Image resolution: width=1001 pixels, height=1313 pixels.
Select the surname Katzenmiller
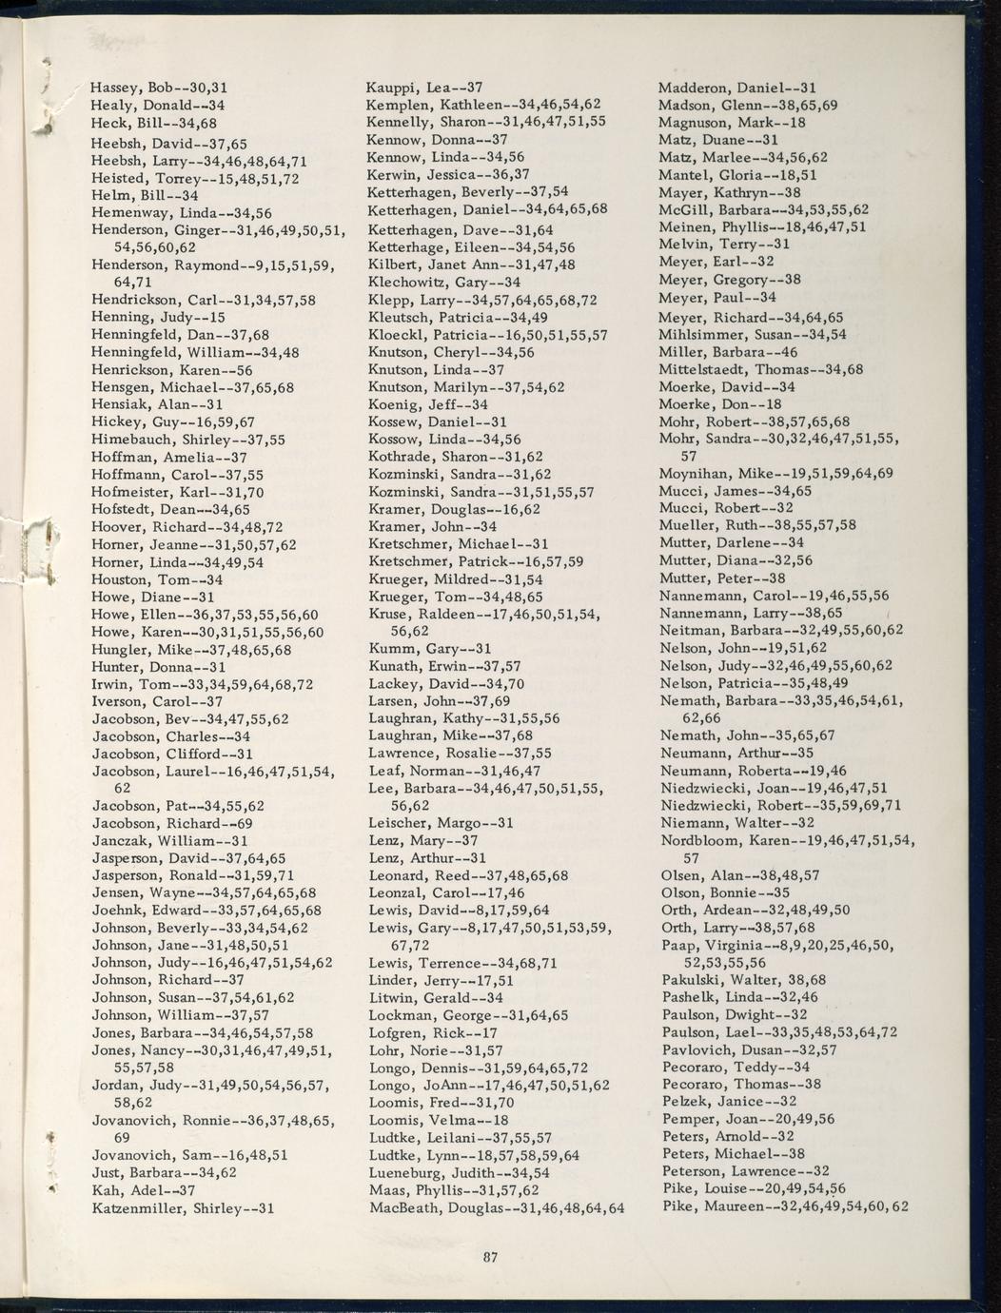click(x=139, y=1209)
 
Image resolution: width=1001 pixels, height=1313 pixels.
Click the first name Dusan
click(x=758, y=1050)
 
